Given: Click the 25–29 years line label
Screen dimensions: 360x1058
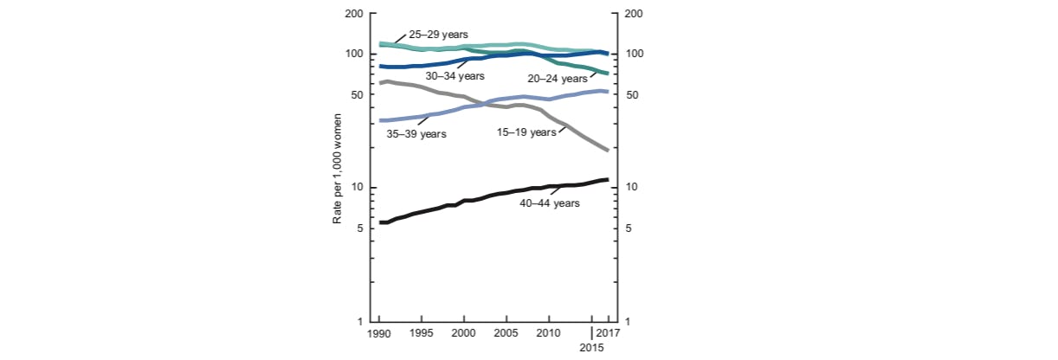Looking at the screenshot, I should click(438, 35).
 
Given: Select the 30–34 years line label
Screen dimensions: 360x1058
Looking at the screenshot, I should click(467, 76).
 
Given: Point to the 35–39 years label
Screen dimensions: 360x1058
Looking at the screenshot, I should click(416, 134).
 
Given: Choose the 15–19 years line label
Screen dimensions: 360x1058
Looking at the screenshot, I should click(526, 132).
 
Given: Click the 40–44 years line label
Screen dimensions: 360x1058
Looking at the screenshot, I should click(550, 203).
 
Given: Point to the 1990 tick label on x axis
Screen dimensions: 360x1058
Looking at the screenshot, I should click(379, 333).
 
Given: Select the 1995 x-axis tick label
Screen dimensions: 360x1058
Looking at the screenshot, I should click(422, 333).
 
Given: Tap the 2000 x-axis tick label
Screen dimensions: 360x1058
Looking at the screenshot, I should click(464, 333).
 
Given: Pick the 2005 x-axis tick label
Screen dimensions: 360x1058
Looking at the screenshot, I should click(506, 333).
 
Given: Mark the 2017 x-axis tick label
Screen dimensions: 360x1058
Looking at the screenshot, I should click(609, 333).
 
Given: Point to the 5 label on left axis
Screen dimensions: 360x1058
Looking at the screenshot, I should click(358, 228).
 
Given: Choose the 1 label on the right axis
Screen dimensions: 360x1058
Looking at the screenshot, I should click(627, 322).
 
